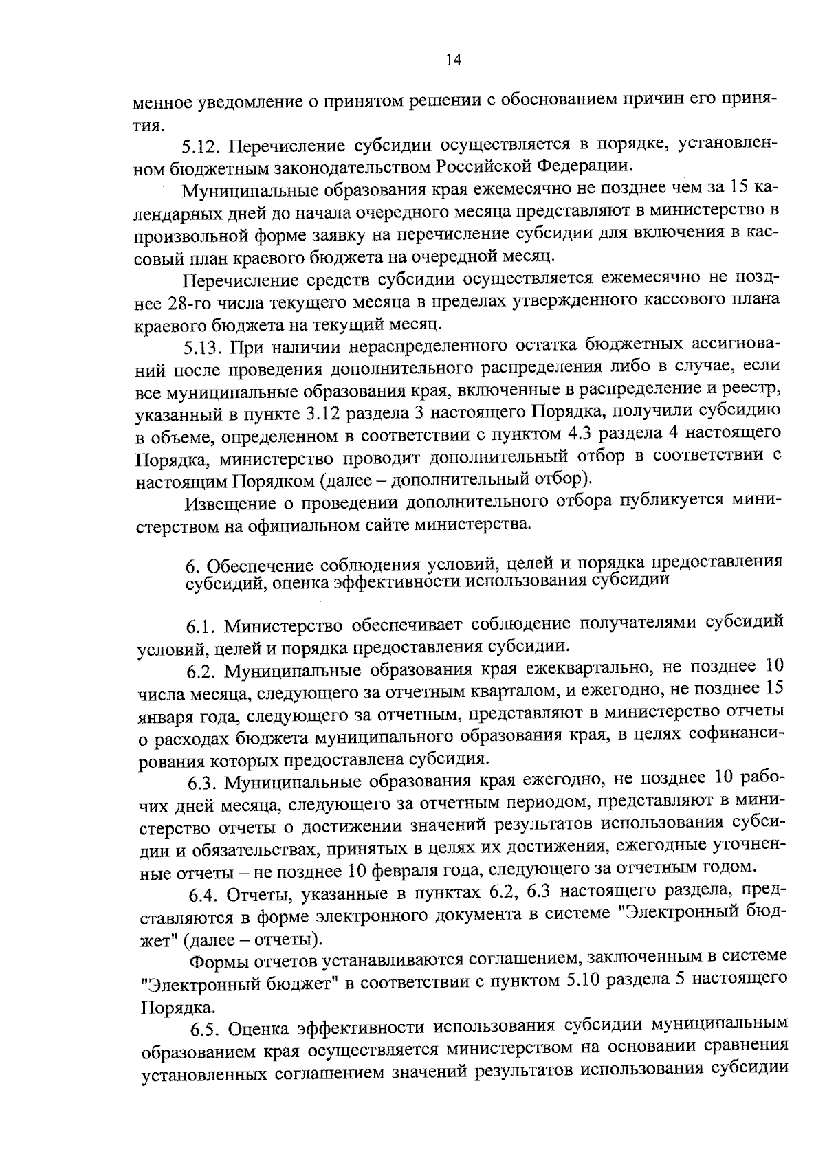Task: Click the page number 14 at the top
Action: [x=452, y=60]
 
